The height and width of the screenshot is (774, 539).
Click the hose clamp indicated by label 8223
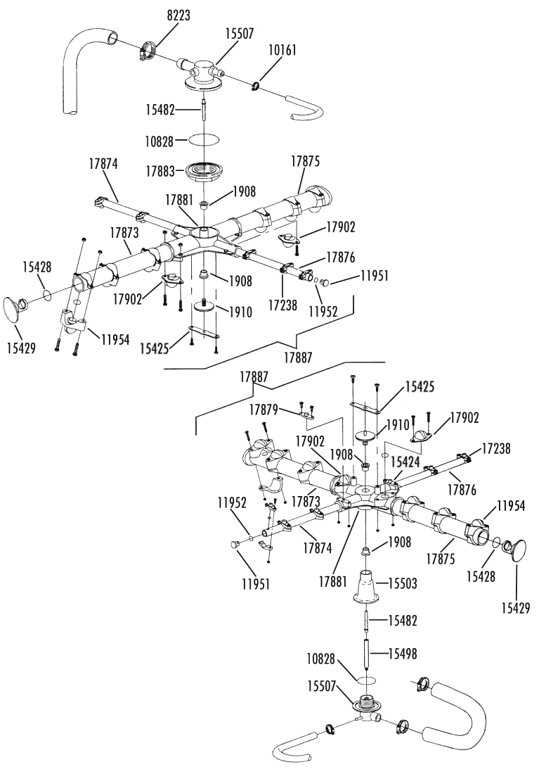click(x=149, y=50)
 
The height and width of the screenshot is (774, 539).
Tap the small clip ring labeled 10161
click(x=255, y=87)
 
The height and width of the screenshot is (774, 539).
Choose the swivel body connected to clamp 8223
click(x=202, y=72)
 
